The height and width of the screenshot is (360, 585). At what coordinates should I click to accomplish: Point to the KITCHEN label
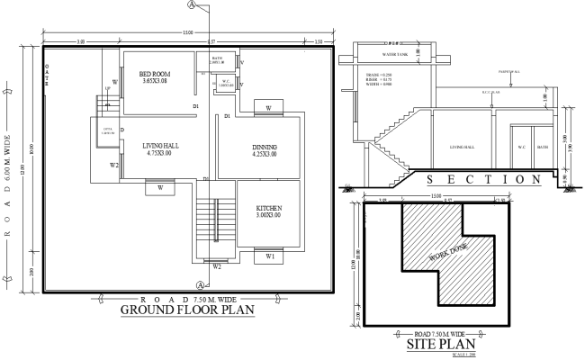coord(269,208)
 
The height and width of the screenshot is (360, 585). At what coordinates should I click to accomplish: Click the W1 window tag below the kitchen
coord(271,256)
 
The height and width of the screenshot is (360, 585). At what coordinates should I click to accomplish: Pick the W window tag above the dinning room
coord(269,109)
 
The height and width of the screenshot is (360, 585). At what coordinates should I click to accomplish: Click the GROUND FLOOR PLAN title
coord(187,310)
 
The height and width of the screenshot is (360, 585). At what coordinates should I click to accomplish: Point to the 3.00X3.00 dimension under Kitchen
coord(269,216)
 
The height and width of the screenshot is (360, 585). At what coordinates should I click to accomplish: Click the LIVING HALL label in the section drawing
coord(467,147)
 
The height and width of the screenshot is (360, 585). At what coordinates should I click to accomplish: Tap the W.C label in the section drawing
coord(522,147)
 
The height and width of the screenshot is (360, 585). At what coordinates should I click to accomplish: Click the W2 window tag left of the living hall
coord(114,166)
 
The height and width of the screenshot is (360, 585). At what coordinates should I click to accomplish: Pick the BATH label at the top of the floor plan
coord(217,58)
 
